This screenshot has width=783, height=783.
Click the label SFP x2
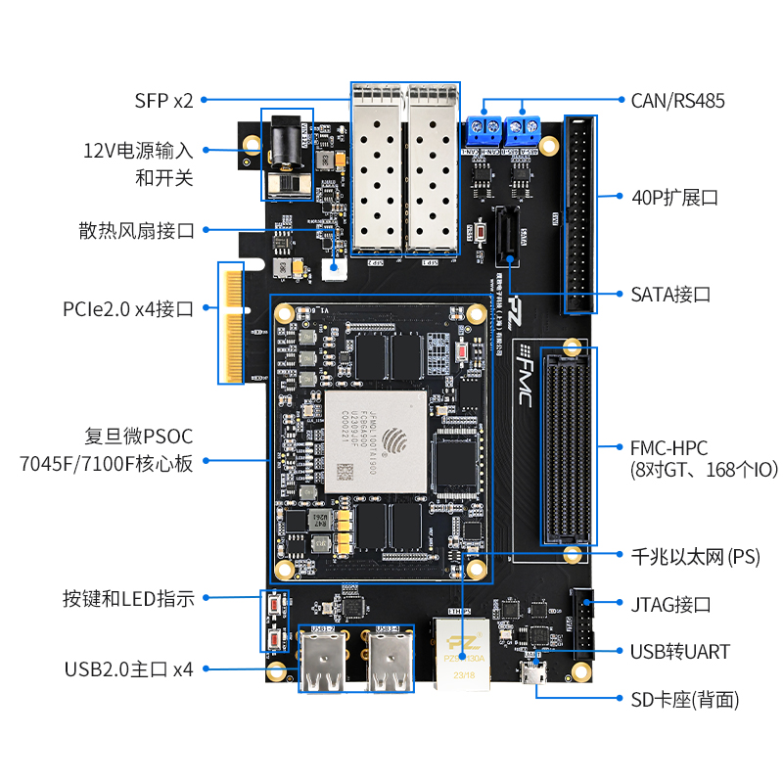point(164,99)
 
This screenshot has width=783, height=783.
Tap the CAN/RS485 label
point(677,99)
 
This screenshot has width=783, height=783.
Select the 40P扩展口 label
point(674,197)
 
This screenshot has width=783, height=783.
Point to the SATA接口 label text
point(670,294)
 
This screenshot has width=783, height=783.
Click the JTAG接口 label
point(670,604)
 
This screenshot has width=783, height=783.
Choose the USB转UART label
point(680,651)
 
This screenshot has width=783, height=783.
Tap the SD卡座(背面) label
point(684,700)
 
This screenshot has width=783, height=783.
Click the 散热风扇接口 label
point(137,231)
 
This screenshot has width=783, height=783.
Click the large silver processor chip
point(376,440)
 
